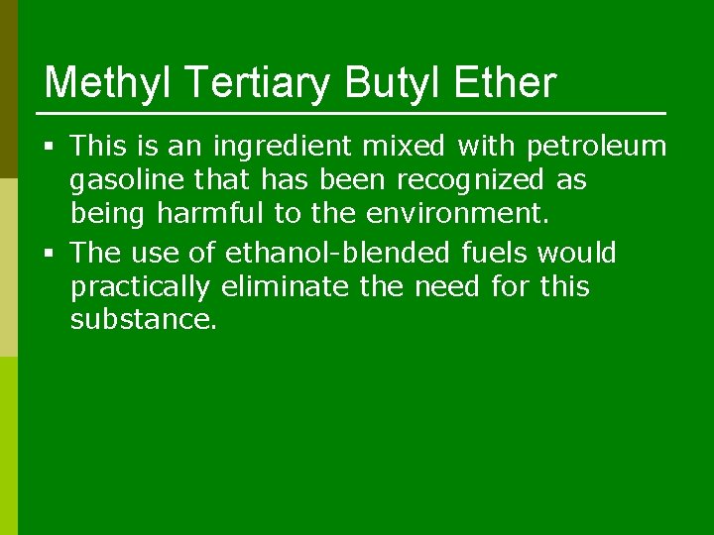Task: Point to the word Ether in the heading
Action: [505, 83]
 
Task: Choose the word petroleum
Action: [597, 147]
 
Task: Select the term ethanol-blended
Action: [339, 254]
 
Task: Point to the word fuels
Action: [496, 254]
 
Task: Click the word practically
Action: [141, 288]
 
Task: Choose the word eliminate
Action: [271, 287]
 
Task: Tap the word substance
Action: [143, 320]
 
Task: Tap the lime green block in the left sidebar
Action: [9, 446]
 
